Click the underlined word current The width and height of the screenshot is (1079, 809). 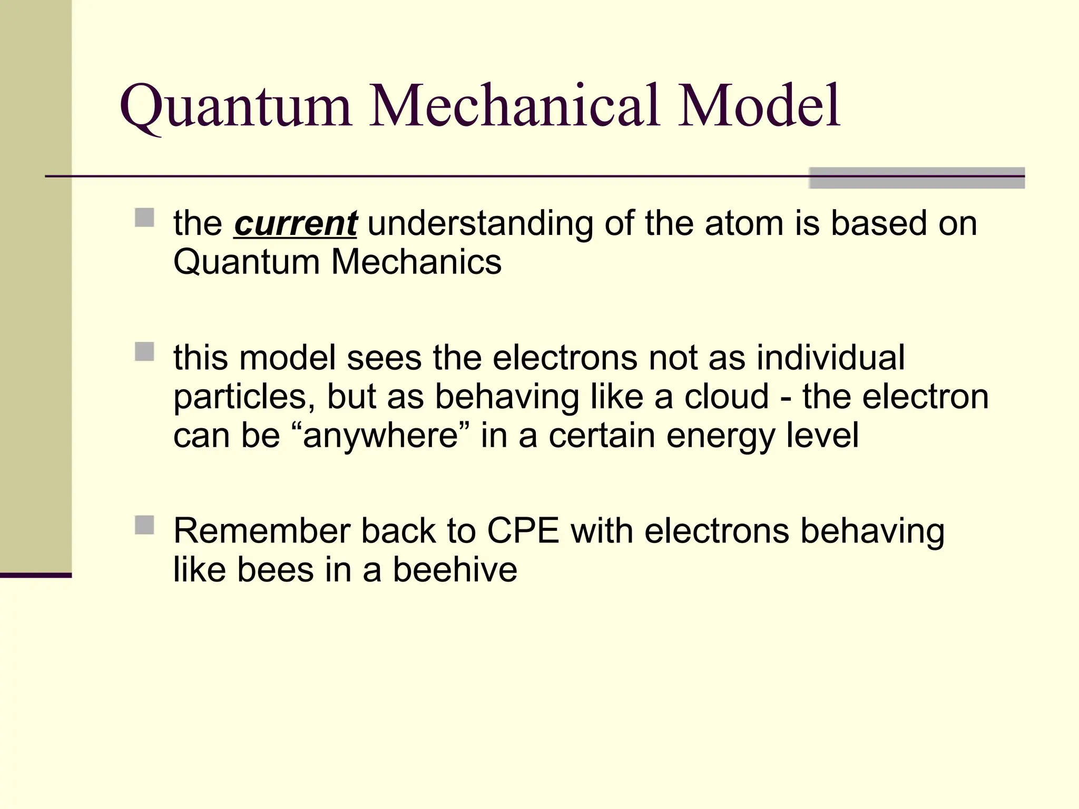tap(295, 223)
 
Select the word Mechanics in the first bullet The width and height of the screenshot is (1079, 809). tap(416, 262)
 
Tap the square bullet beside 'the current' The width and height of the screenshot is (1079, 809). tap(144, 218)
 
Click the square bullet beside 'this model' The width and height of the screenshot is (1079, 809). tap(144, 352)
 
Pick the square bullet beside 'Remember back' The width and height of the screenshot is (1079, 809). tap(144, 525)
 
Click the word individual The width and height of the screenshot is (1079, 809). tap(831, 358)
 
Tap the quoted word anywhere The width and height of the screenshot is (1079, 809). tap(380, 437)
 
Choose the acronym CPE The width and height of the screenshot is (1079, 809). tap(523, 531)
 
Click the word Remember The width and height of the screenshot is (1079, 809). tap(262, 531)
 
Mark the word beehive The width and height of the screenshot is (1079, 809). tap(455, 570)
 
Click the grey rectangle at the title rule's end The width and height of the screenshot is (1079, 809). tap(917, 178)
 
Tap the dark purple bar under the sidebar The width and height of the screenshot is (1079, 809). tap(35, 575)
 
